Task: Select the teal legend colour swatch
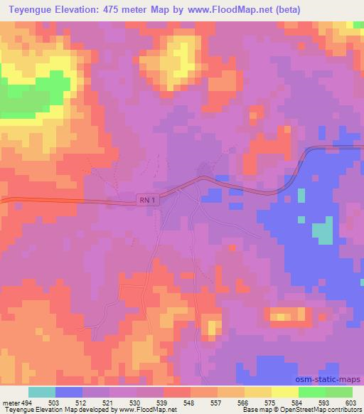[42, 392]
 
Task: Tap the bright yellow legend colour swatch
[285, 392]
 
